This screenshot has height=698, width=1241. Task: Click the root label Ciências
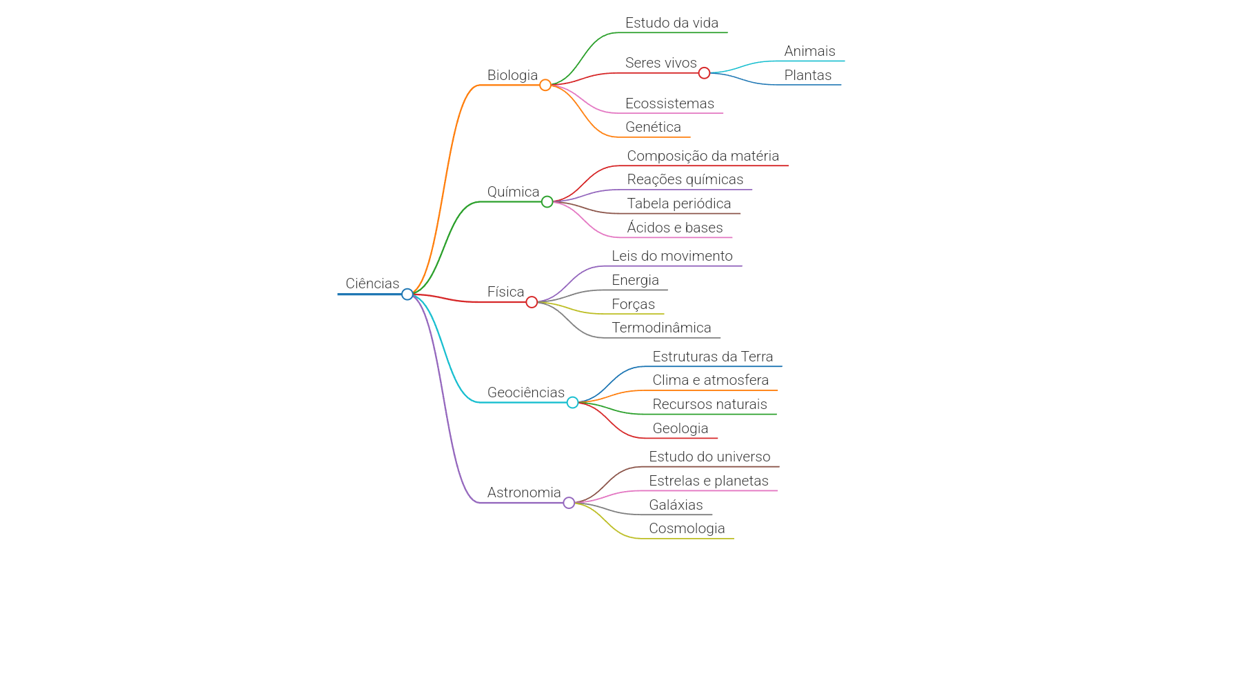click(x=372, y=283)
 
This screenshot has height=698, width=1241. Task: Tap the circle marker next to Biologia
click(x=545, y=85)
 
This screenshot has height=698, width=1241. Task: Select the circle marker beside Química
click(x=547, y=201)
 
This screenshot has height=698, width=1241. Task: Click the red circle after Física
click(x=532, y=302)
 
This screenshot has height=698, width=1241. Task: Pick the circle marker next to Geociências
click(x=573, y=402)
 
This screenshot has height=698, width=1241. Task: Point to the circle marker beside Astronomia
click(x=569, y=503)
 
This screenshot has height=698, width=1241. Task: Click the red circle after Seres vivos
click(x=704, y=73)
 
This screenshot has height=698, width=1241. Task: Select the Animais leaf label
click(x=809, y=51)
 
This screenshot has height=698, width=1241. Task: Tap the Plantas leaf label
click(x=808, y=75)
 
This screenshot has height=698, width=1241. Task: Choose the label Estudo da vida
click(x=672, y=23)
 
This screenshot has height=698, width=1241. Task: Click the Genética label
click(x=653, y=127)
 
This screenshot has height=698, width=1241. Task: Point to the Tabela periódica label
click(x=679, y=203)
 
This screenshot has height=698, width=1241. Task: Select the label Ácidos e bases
click(x=675, y=228)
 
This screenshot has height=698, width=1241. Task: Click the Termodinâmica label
click(x=661, y=328)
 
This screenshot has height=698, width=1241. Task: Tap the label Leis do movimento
click(x=672, y=256)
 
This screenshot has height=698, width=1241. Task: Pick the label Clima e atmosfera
click(x=711, y=380)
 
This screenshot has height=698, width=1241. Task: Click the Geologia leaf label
click(x=680, y=428)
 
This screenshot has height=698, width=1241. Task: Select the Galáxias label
click(x=676, y=505)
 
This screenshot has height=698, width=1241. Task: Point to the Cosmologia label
click(x=687, y=528)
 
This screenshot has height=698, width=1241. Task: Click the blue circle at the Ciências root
click(x=407, y=295)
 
